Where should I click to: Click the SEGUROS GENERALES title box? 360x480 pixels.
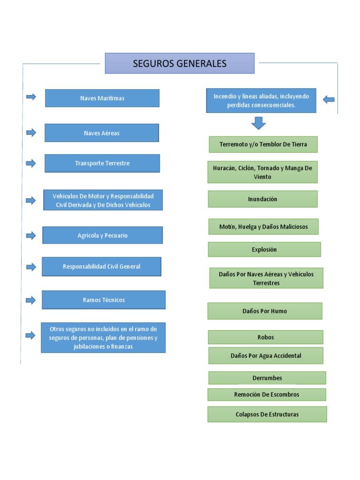tap(180, 63)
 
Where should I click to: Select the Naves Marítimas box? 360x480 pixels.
tap(102, 98)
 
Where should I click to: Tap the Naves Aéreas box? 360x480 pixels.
tap(102, 133)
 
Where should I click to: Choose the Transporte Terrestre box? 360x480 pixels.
tap(102, 163)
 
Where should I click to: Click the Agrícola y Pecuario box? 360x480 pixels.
tap(103, 235)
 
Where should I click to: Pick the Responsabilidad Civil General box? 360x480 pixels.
tap(102, 266)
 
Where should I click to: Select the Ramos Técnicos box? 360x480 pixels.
tap(104, 300)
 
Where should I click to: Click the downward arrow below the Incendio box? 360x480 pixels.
tap(258, 123)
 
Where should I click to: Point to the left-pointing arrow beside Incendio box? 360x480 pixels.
tap(329, 99)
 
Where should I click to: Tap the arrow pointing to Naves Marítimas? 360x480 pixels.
tap(31, 97)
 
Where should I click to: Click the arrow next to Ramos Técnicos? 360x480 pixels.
tap(31, 300)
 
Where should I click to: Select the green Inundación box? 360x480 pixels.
tap(262, 199)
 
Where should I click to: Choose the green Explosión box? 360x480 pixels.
tap(264, 249)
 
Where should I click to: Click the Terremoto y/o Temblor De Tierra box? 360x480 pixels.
tap(263, 144)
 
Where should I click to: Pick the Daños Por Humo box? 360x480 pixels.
tap(265, 311)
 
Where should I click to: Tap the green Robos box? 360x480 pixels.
tap(265, 337)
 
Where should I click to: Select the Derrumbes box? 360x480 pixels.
tap(267, 378)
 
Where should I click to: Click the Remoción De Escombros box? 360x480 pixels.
tap(267, 394)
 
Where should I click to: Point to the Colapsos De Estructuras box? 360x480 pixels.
tap(267, 414)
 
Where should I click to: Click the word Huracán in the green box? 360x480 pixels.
tap(225, 168)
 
